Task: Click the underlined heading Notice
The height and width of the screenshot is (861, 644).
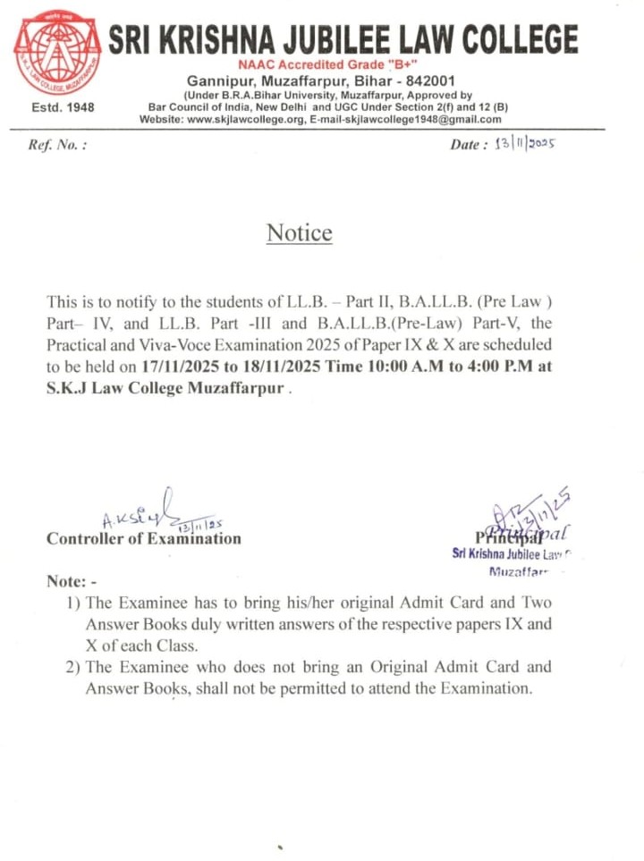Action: click(299, 233)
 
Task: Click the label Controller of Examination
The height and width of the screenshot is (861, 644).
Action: click(143, 538)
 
